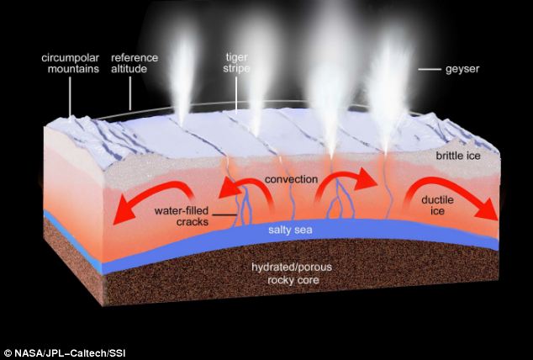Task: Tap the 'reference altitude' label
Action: pos(130,65)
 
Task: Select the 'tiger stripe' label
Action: pos(239,65)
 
